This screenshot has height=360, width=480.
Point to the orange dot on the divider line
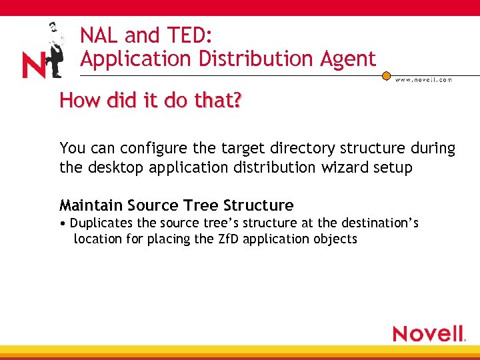coord(386,76)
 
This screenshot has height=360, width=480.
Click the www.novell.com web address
coord(424,79)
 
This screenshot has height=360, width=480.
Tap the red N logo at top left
coord(33,66)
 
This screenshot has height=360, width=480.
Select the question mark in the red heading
coord(237,101)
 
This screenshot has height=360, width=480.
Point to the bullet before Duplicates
coord(62,223)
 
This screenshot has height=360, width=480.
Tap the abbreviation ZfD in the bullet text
coord(227,239)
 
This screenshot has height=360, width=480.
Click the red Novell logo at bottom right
coord(429,333)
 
